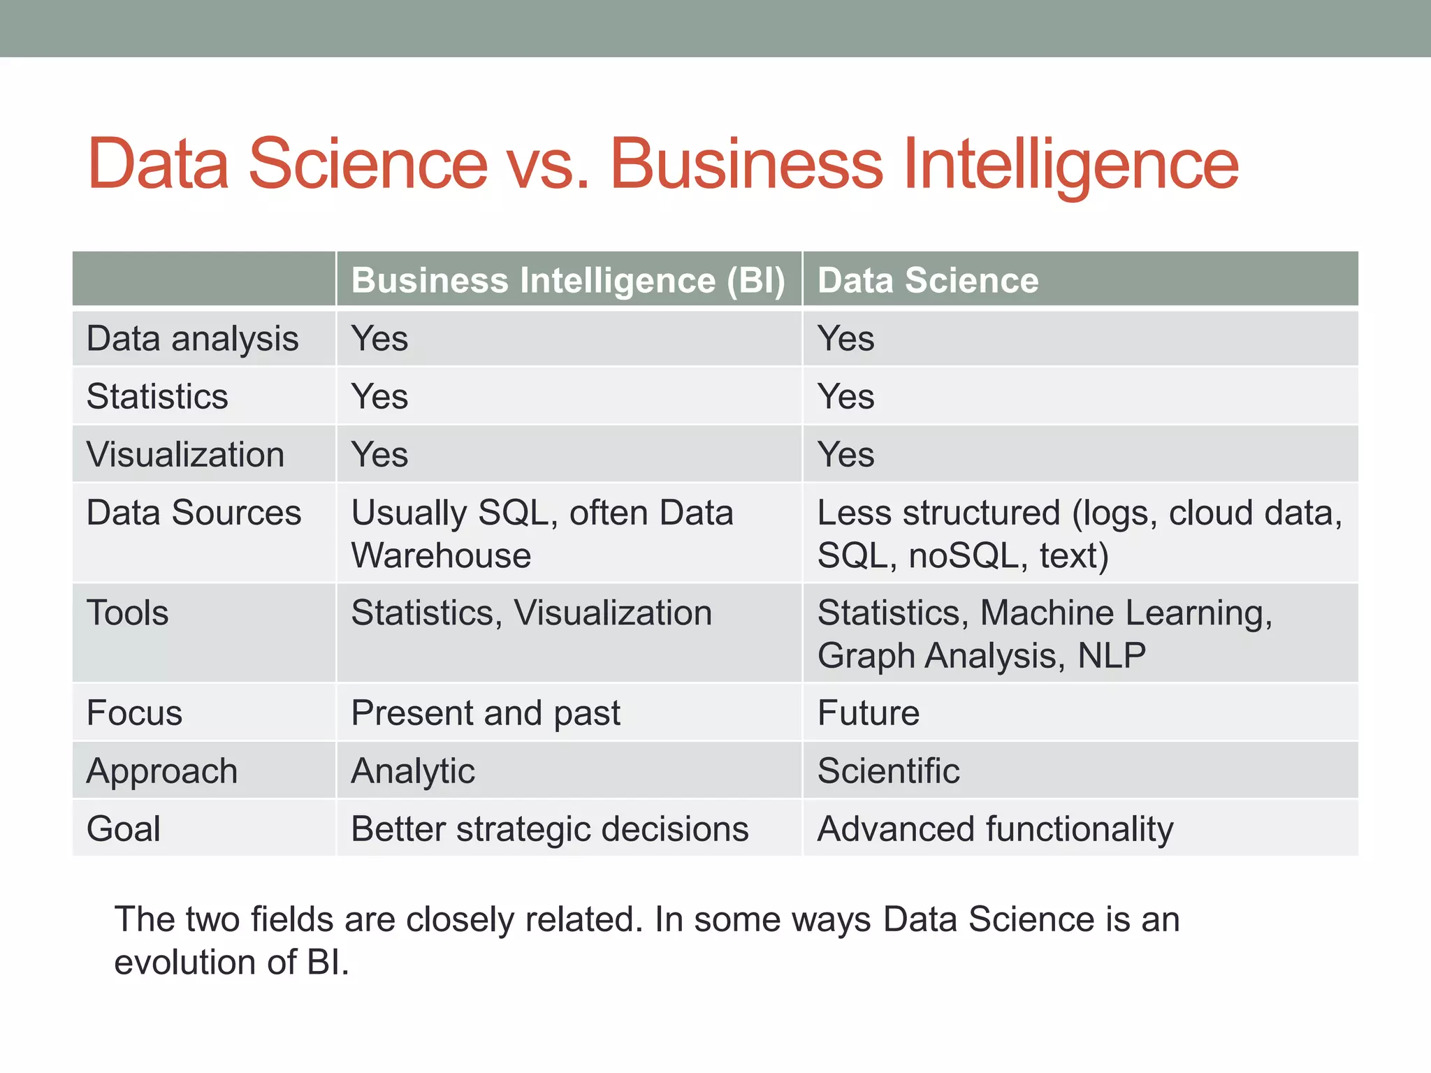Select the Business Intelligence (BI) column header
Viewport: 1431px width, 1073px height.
568,280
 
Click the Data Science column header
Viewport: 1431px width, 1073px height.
927,280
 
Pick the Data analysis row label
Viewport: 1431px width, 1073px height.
192,339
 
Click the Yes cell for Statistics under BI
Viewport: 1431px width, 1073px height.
379,397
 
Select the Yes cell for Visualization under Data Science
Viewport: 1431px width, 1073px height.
845,455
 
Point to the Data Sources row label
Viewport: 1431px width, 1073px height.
194,513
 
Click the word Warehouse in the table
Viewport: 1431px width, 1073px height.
441,556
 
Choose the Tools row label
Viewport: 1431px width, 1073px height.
127,613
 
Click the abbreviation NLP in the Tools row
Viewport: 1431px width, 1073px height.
1111,656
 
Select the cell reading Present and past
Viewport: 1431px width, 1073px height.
485,713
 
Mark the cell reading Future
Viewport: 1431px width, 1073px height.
868,713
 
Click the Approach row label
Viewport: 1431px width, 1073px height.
161,771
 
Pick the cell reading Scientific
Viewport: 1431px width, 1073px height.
888,771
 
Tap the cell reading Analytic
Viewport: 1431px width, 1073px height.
412,771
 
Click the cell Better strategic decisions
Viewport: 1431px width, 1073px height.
549,829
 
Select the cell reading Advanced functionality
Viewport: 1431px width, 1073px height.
995,829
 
